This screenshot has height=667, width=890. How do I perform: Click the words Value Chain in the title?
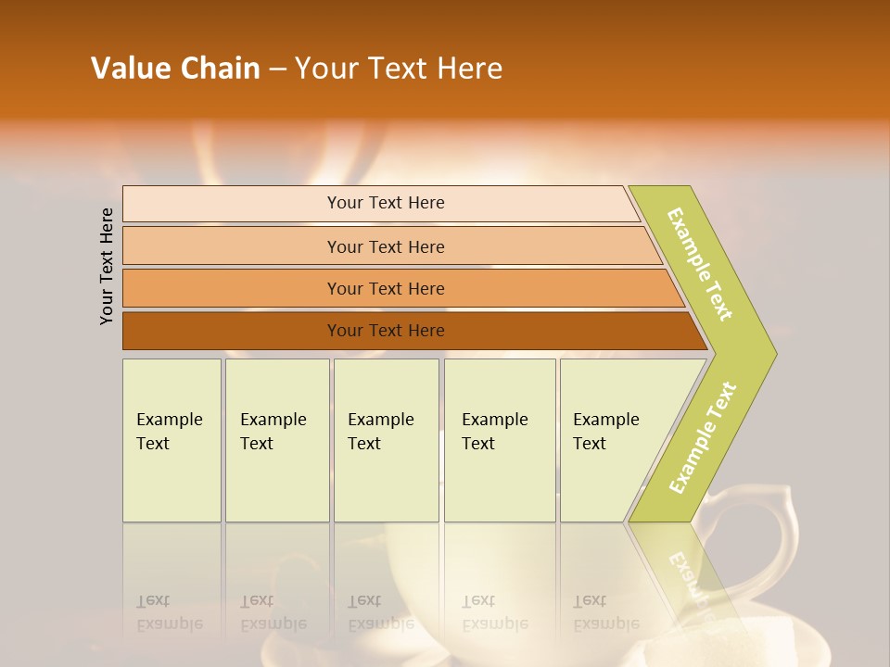[175, 69]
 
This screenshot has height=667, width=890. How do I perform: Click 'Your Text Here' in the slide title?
[399, 69]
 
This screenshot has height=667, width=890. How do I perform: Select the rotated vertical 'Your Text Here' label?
[107, 267]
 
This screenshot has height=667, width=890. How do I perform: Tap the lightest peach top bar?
[232, 204]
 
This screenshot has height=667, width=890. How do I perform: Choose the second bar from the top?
[232, 246]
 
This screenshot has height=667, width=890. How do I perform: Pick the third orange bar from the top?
[232, 288]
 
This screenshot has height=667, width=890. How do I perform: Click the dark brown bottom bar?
[232, 331]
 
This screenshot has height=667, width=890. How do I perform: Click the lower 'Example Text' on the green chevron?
[702, 438]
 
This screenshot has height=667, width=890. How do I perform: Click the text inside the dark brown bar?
[386, 331]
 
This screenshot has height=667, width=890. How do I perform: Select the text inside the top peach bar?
[386, 203]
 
